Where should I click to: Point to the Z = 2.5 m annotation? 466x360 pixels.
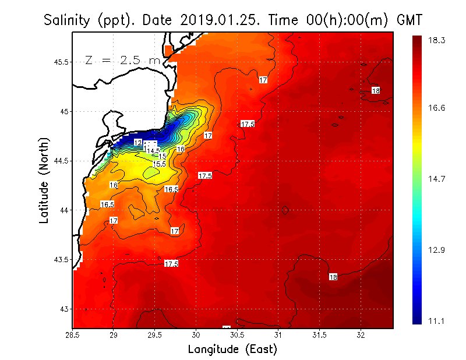(x=122, y=60)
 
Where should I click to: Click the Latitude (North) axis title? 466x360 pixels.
(x=44, y=181)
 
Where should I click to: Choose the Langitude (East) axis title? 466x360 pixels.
(x=232, y=349)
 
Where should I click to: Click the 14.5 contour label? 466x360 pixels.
(x=154, y=151)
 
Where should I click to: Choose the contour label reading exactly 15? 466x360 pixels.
(x=163, y=156)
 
